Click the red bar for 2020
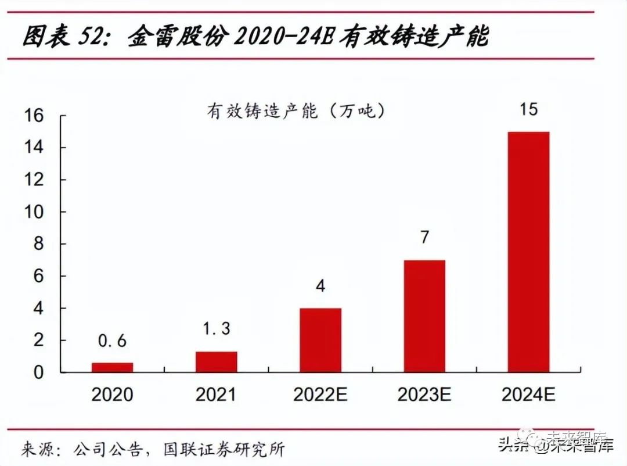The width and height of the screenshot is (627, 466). [112, 367]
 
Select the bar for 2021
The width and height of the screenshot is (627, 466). [216, 361]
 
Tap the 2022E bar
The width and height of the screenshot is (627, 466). [320, 340]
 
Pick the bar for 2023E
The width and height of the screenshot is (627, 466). [424, 316]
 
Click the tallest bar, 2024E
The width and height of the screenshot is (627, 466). [528, 252]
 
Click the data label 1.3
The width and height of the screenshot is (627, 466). [216, 329]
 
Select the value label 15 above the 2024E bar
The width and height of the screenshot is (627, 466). [528, 109]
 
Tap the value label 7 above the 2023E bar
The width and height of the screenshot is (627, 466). [424, 237]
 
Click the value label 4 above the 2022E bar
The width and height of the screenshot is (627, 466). [320, 286]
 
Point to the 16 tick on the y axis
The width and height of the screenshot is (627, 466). [34, 116]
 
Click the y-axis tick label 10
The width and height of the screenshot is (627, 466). [34, 212]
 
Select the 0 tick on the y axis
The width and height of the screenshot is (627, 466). [38, 372]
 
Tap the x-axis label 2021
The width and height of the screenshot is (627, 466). [216, 395]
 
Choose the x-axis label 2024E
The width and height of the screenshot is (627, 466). [528, 395]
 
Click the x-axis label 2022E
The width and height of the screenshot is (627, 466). [320, 395]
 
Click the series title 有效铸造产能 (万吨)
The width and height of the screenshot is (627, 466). [296, 111]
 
